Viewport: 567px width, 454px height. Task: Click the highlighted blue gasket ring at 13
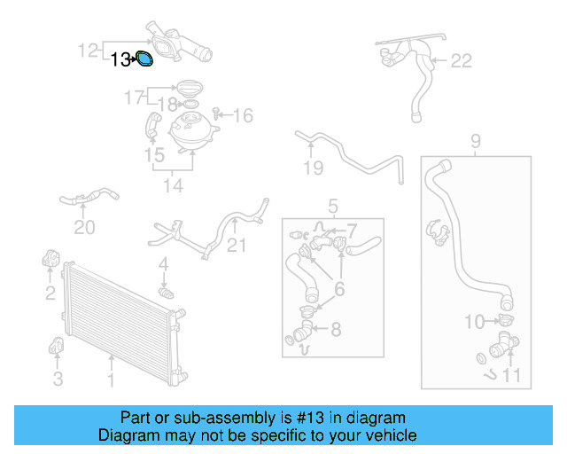[145, 59]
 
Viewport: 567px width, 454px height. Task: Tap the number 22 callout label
[462, 60]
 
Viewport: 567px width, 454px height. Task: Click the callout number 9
[475, 140]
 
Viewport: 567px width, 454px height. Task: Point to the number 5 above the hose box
[333, 207]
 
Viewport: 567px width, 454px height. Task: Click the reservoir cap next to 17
[188, 89]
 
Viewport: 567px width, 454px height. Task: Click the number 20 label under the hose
[84, 228]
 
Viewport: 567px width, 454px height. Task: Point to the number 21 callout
[235, 246]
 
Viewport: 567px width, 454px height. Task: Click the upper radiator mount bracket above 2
[50, 261]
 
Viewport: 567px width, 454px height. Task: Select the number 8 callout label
[335, 330]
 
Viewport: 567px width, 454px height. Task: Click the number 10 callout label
[475, 321]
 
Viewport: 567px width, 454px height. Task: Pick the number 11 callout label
[512, 375]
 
